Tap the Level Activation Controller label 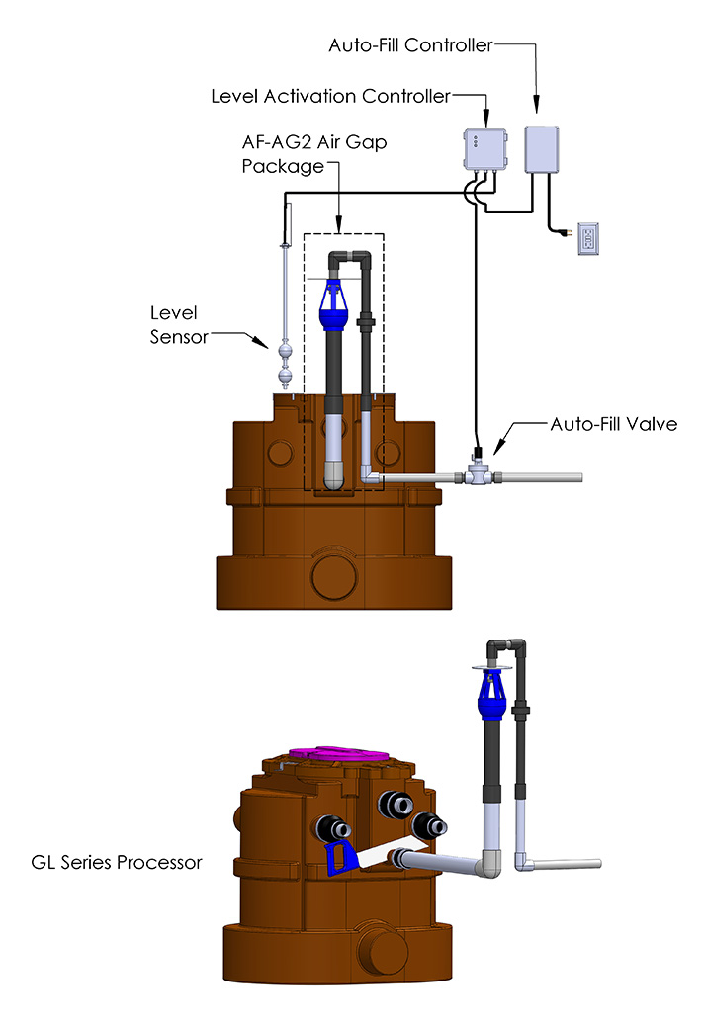(330, 96)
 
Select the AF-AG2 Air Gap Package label (314, 154)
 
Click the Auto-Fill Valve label (599, 425)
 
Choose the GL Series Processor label (116, 862)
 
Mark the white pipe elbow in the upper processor (372, 477)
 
